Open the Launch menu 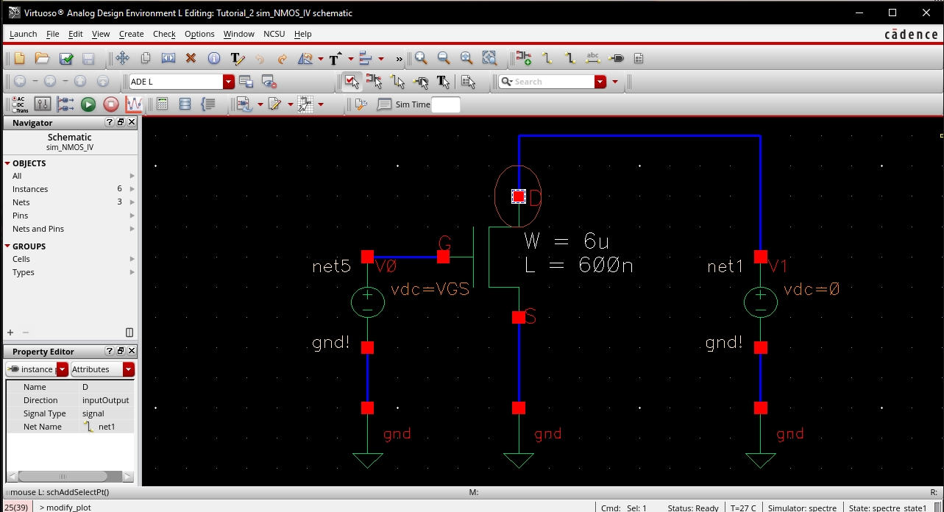23,34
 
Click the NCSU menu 274,34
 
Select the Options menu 199,34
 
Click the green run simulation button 88,104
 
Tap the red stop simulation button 110,104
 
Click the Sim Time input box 446,104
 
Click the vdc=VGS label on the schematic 430,289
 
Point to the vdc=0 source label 811,289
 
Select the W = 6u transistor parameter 567,241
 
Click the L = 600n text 579,266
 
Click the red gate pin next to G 443,257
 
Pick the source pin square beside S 519,317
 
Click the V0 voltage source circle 367,302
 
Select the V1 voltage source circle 760,302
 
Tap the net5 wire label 331,266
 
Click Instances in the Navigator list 30,189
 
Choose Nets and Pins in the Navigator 38,229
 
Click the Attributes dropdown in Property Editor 102,369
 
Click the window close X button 926,13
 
